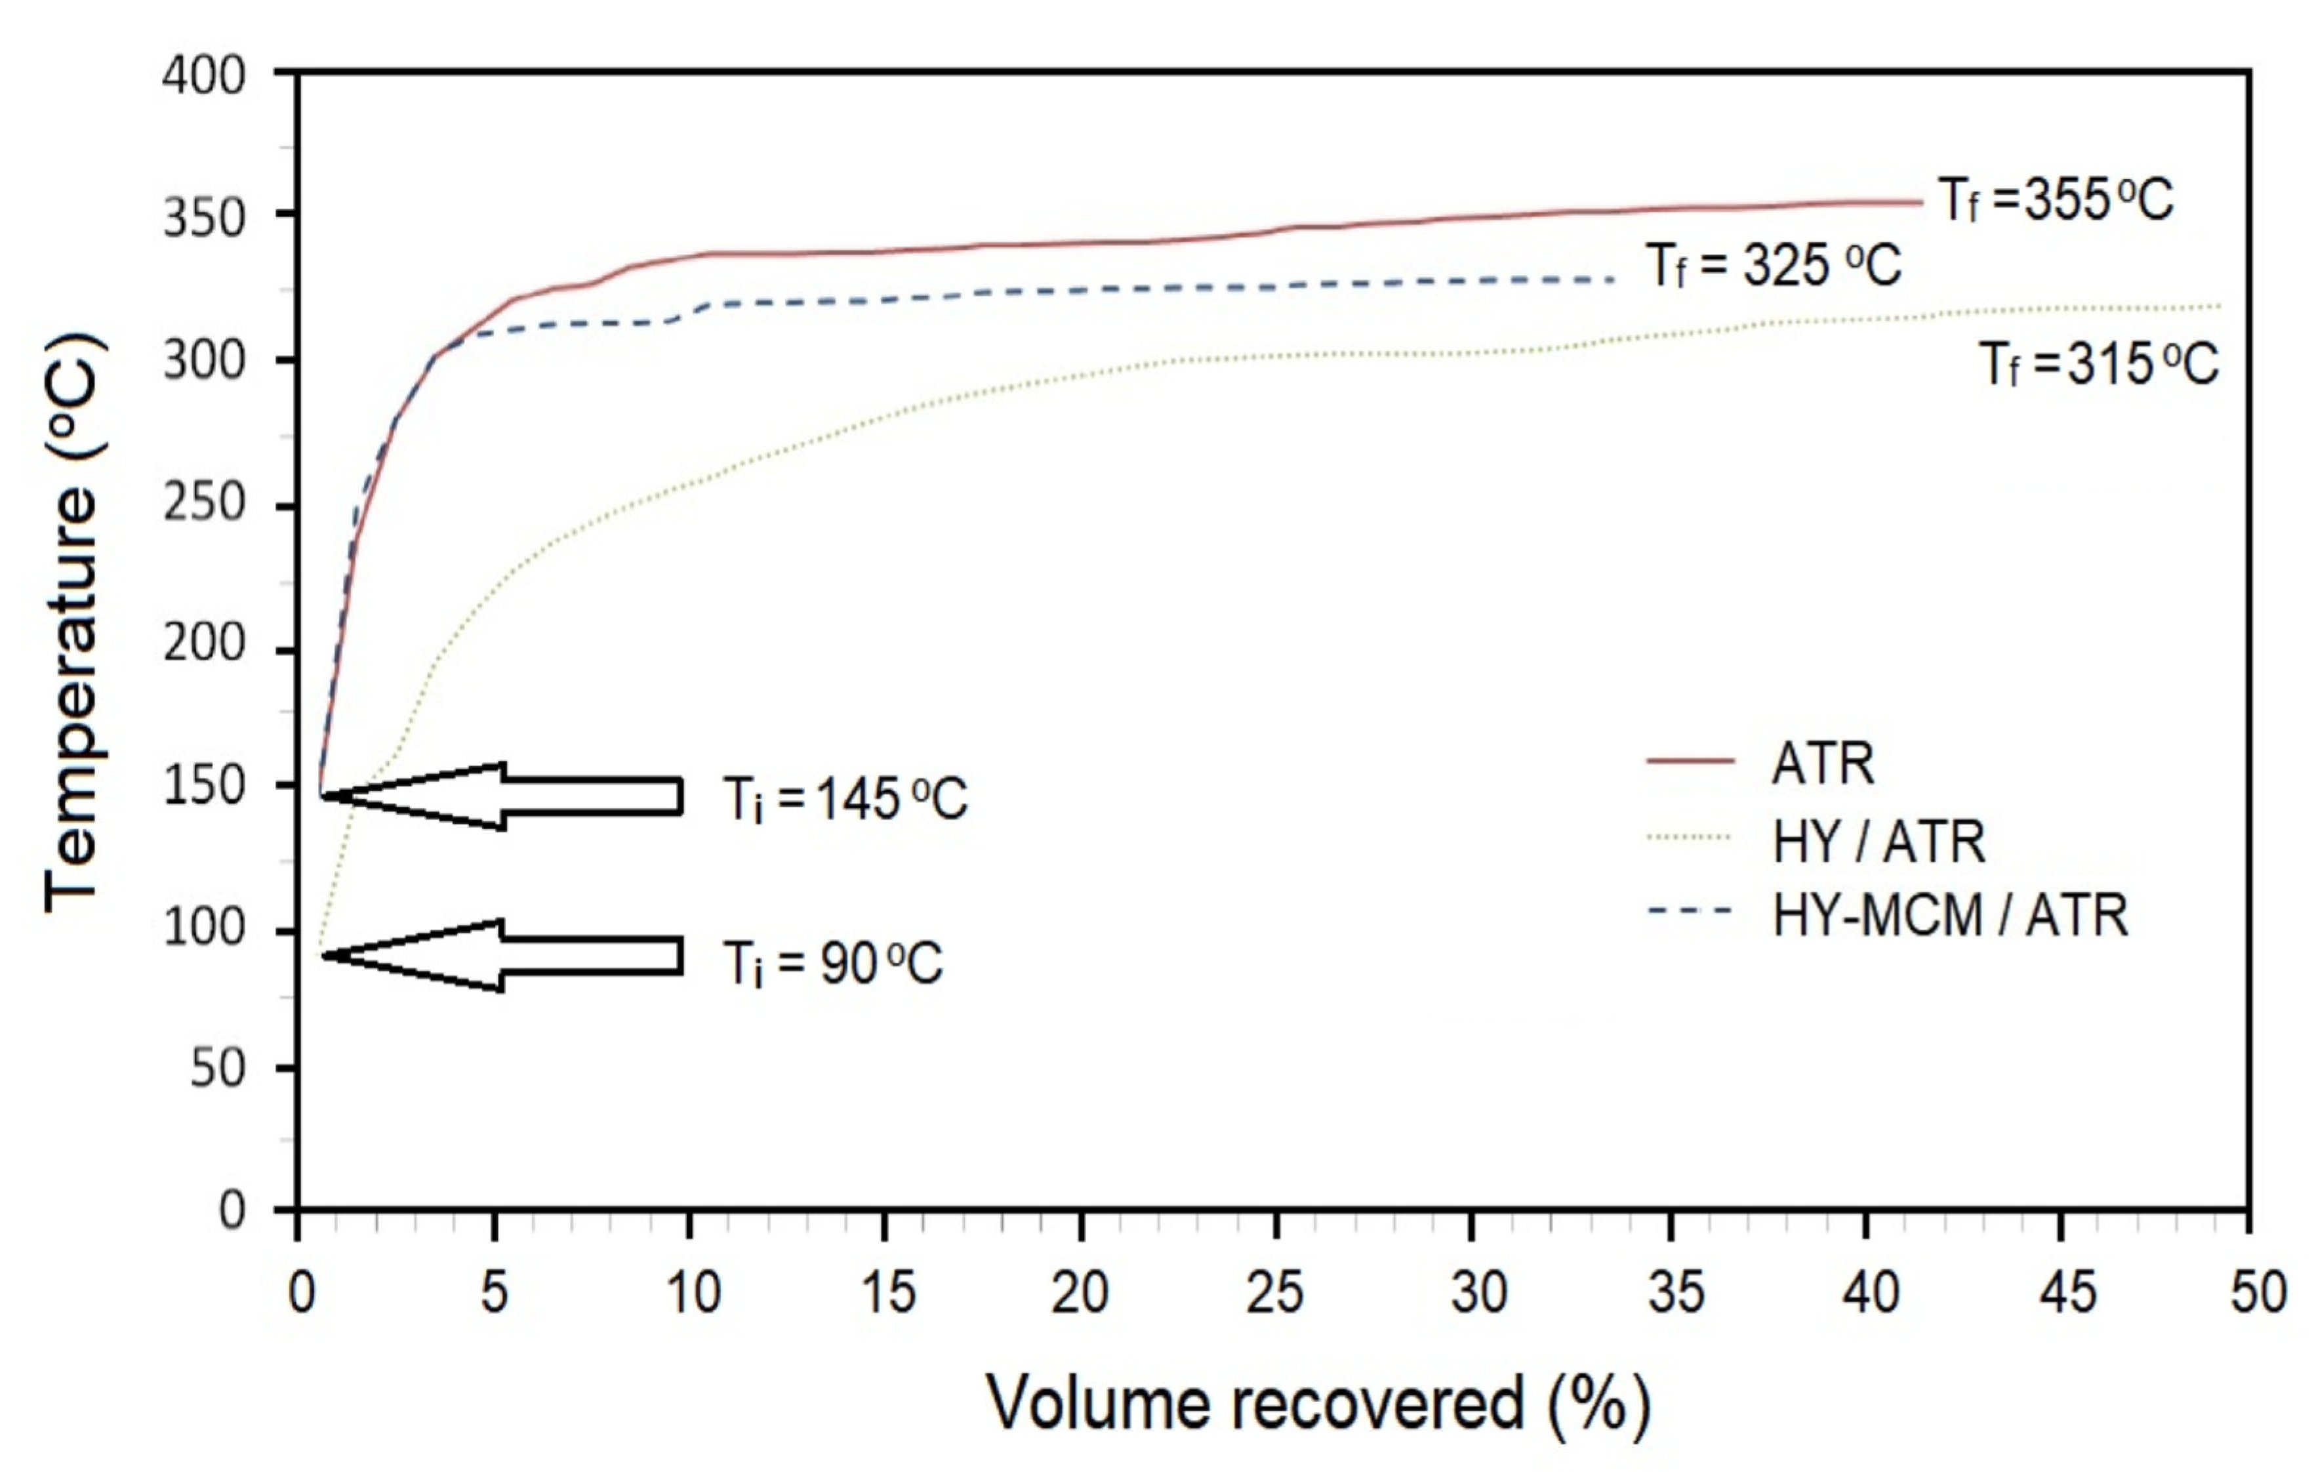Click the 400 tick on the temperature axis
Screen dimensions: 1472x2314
(204, 75)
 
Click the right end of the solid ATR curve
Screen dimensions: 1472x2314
(1920, 203)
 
